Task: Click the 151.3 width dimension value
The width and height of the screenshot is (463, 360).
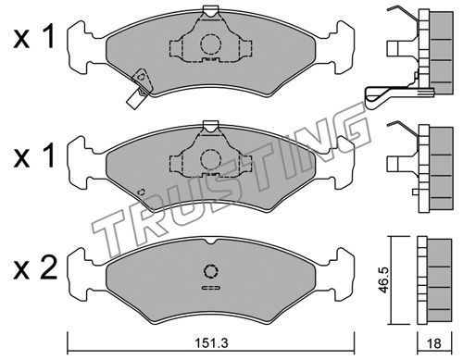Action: [x=212, y=342]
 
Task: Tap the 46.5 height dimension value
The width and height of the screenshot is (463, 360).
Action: [x=383, y=280]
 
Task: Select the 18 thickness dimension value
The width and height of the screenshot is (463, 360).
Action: [x=434, y=343]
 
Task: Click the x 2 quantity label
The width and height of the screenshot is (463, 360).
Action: [x=35, y=268]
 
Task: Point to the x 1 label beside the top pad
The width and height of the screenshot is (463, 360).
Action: [x=34, y=37]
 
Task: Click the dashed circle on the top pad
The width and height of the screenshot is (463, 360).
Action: [x=211, y=44]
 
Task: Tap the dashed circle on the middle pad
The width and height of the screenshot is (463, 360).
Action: [x=211, y=159]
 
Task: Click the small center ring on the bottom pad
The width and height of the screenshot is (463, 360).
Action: [x=211, y=271]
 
